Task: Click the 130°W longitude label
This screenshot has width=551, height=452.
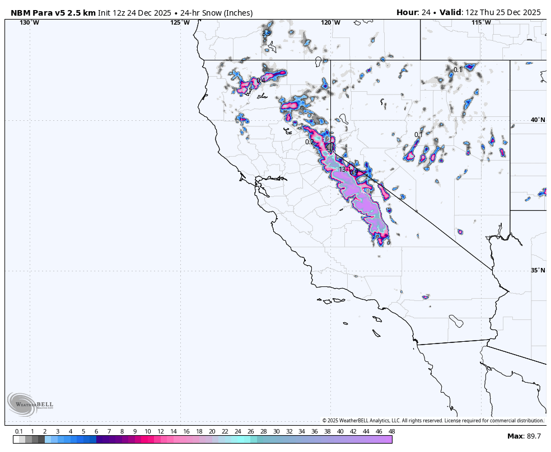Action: click(x=30, y=22)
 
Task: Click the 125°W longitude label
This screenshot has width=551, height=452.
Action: click(x=180, y=22)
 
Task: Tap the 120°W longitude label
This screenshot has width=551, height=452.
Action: click(x=330, y=22)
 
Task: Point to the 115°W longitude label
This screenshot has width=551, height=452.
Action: click(x=481, y=22)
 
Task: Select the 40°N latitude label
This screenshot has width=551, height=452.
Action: click(x=538, y=120)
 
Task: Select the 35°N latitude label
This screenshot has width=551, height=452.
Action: click(x=538, y=270)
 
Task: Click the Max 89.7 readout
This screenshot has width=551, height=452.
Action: click(x=524, y=436)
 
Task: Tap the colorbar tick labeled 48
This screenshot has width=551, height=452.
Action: click(x=391, y=431)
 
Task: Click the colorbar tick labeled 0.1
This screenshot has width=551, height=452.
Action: click(x=18, y=431)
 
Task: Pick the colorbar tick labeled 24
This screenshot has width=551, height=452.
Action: click(x=237, y=431)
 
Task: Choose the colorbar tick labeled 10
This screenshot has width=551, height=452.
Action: click(x=147, y=431)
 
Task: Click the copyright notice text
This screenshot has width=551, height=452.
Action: click(x=432, y=421)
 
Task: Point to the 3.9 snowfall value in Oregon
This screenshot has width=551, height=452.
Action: click(x=267, y=33)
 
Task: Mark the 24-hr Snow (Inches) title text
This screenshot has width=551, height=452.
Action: click(x=216, y=12)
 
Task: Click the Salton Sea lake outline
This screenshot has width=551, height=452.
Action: click(x=456, y=322)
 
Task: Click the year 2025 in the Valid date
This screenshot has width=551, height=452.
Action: click(x=529, y=12)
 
